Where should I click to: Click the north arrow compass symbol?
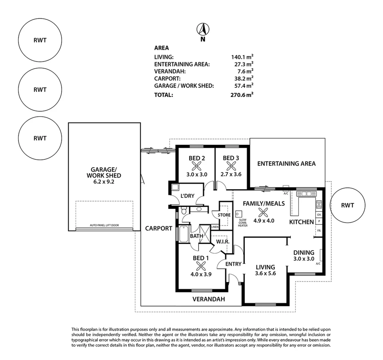(x=203, y=30)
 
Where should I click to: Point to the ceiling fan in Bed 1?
(x=201, y=266)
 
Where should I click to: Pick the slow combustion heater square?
(x=239, y=213)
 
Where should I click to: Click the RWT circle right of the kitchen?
(x=347, y=205)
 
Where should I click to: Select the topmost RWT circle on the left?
(x=40, y=40)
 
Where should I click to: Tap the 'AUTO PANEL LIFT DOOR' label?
(x=104, y=225)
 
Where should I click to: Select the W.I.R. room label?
(x=222, y=241)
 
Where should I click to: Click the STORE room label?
(x=224, y=215)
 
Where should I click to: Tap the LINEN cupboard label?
(x=215, y=227)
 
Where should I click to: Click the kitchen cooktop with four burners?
(x=319, y=204)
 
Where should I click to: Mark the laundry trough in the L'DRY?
(x=174, y=187)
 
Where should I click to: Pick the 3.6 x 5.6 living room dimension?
(x=266, y=274)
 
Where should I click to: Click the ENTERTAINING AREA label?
(x=286, y=163)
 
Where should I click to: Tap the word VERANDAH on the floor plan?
(x=209, y=299)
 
